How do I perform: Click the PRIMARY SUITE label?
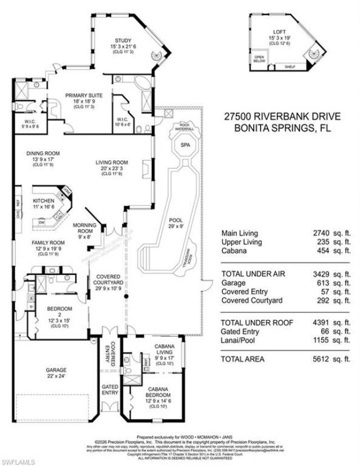click(82, 96)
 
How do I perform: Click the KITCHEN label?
click(43, 201)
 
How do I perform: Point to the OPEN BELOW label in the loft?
click(259, 58)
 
